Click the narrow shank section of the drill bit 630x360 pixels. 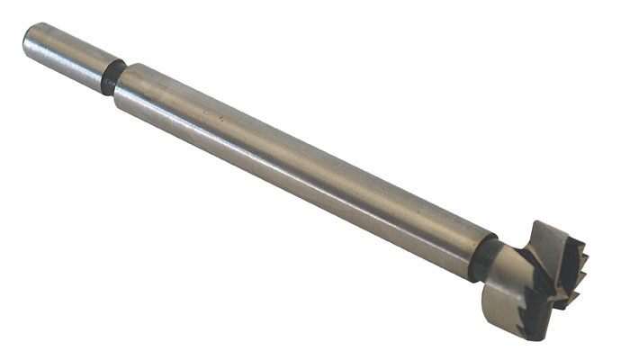click(x=67, y=58)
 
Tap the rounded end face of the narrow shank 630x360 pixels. click(x=31, y=41)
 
